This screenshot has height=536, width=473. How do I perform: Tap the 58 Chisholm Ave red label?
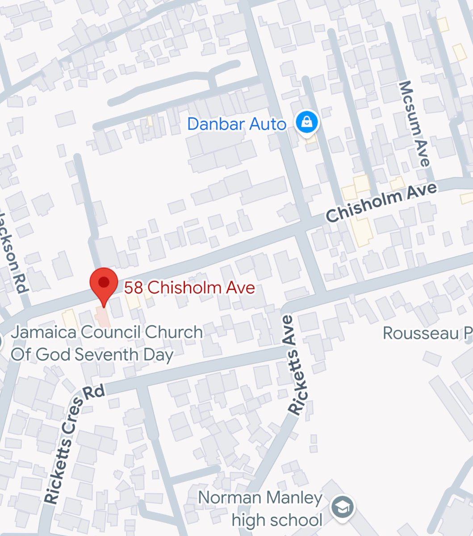pos(189,287)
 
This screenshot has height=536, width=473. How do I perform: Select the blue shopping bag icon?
pos(307,121)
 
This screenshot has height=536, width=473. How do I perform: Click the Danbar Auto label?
pos(237,124)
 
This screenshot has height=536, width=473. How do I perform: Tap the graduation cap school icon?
pos(343,507)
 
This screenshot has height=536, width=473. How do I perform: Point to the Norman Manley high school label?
pos(260,509)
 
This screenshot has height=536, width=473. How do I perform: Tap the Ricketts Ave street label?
pos(296,365)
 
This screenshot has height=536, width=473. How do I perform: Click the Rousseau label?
pos(427,334)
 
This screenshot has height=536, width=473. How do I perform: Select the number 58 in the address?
pos(134,287)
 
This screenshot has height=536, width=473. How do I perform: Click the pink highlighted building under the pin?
pos(103,317)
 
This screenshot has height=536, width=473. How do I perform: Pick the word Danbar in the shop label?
pos(215,124)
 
